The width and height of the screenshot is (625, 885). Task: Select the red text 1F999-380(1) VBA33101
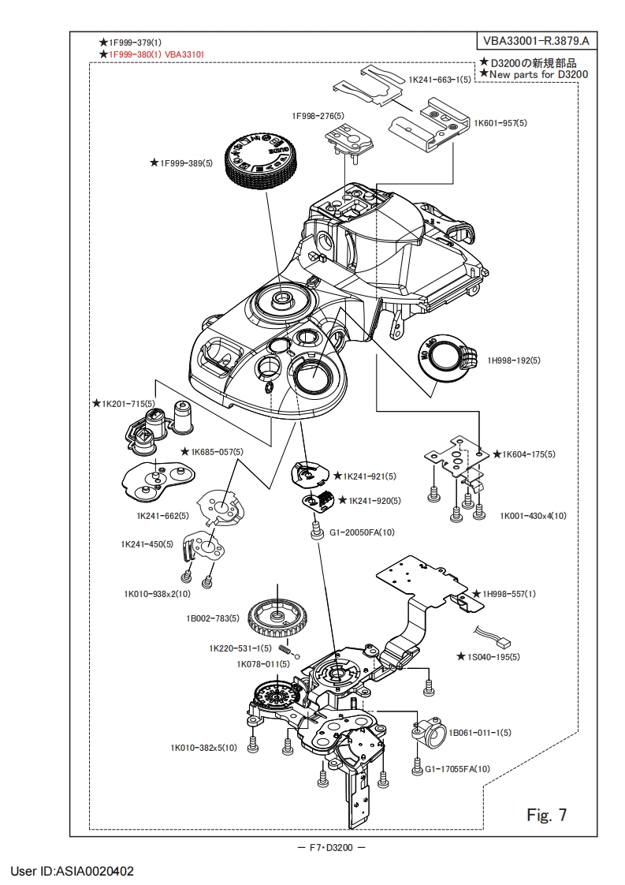pos(158,54)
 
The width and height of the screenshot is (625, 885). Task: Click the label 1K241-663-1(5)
pos(440,80)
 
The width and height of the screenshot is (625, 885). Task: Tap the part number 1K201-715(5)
pos(128,403)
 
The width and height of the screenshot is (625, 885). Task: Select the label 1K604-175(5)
pos(529,454)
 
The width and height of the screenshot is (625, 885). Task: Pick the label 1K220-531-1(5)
pos(240,648)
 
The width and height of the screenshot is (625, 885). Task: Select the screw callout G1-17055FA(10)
pos(458,768)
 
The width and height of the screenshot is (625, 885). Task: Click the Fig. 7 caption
pos(546,813)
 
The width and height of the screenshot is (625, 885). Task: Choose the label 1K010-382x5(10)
pos(203,748)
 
